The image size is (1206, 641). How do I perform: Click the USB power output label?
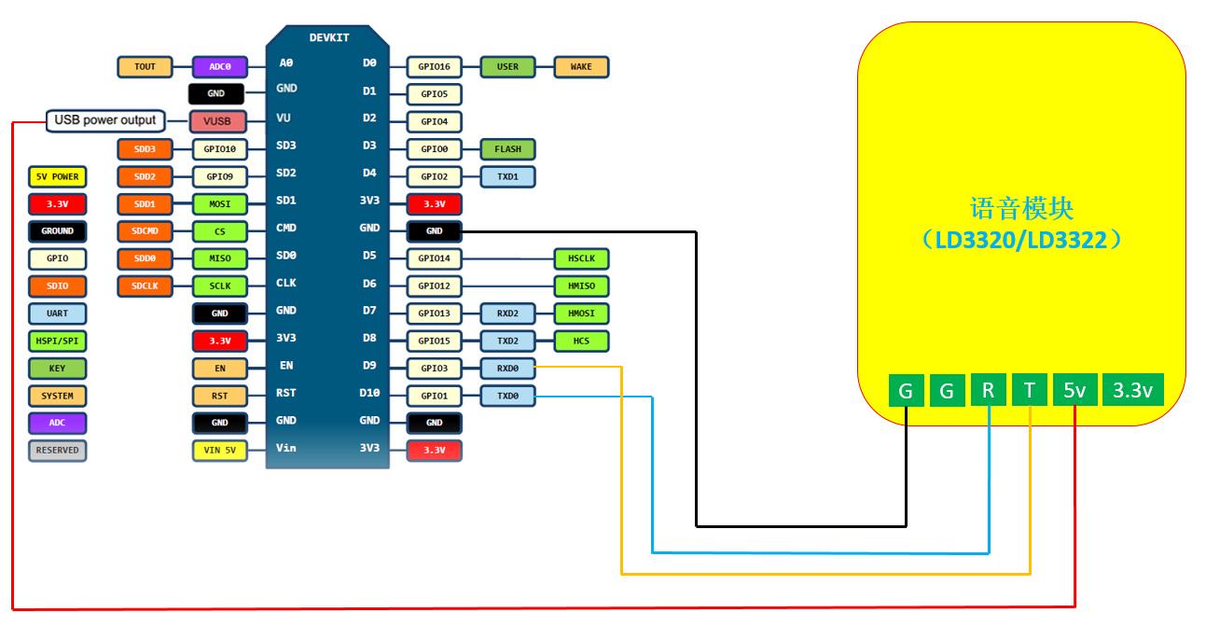105,120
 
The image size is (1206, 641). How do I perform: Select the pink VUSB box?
217,121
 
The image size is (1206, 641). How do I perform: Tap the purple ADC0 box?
220,67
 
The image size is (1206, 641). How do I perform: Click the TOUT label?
145,67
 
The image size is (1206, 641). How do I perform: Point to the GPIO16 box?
434,67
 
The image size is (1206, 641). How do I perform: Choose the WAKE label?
581,67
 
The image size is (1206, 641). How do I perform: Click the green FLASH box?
507,149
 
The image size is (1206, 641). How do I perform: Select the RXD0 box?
507,369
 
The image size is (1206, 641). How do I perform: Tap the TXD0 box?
507,397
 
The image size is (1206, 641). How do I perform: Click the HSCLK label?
581,258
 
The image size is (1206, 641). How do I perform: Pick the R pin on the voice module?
988,391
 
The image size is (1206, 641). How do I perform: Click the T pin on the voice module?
1029,391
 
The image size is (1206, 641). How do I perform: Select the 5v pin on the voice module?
1074,391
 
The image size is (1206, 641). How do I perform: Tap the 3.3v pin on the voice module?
1133,391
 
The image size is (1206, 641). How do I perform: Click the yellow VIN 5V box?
220,451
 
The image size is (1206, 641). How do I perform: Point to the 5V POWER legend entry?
57,176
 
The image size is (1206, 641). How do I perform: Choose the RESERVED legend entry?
57,451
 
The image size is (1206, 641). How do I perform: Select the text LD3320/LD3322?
1021,241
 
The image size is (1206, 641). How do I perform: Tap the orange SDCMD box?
145,230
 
